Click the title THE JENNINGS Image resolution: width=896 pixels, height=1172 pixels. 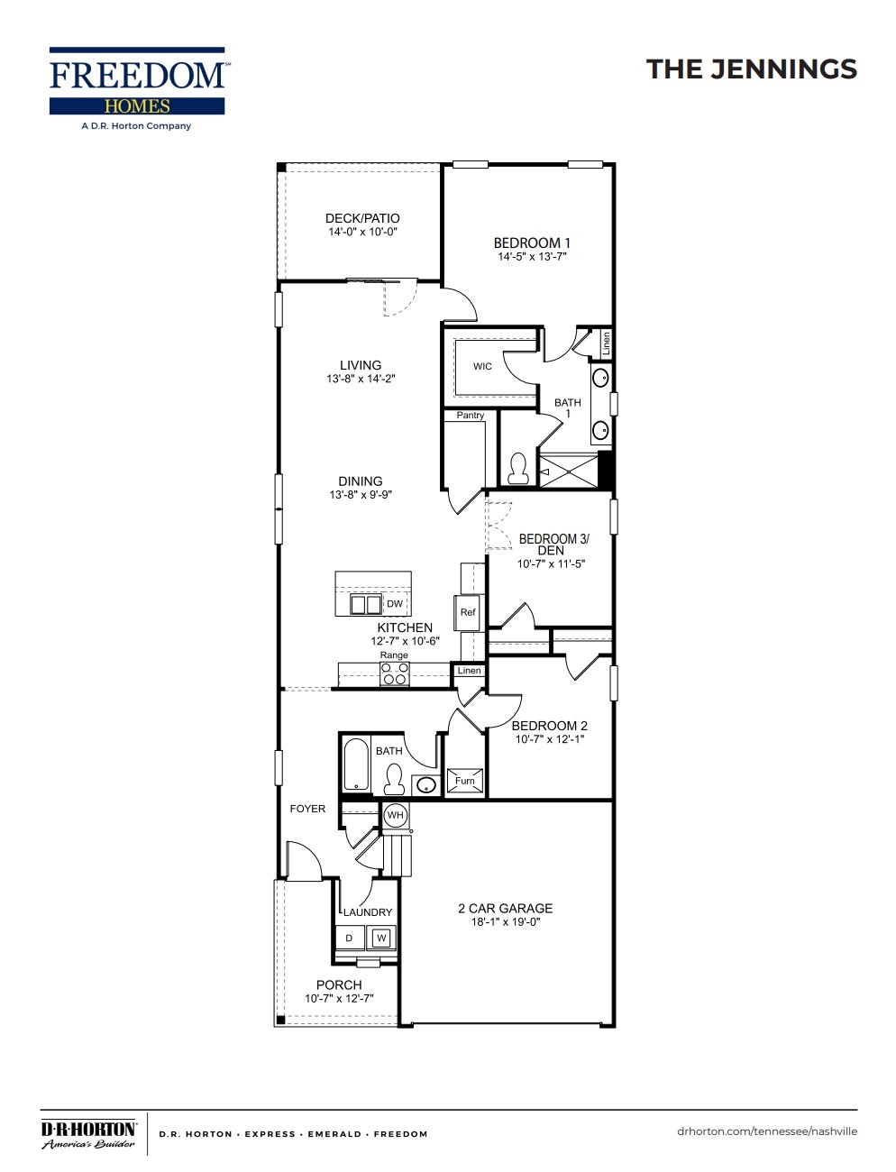click(x=751, y=69)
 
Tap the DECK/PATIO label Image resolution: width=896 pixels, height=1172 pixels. click(x=361, y=218)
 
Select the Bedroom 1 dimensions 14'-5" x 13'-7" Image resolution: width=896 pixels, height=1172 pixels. click(x=532, y=257)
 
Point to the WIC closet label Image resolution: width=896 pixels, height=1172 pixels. click(x=482, y=367)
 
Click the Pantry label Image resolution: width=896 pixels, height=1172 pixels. click(x=470, y=416)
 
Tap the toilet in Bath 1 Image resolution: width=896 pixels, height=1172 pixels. click(x=517, y=468)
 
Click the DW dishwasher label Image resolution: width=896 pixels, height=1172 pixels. click(x=395, y=604)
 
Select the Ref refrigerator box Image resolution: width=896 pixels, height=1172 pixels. click(x=468, y=612)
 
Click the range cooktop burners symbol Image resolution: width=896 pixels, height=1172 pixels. click(x=395, y=673)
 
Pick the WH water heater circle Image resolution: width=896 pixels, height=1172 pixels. click(x=395, y=816)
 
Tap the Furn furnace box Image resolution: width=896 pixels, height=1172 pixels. click(x=464, y=781)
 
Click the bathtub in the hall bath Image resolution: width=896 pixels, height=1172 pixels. click(x=356, y=765)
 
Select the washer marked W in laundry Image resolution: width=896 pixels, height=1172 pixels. click(x=380, y=939)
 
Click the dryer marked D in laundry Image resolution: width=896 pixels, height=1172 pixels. click(x=350, y=939)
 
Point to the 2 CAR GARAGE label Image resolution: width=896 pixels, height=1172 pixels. click(x=505, y=909)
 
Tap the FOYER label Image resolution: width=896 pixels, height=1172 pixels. click(x=307, y=809)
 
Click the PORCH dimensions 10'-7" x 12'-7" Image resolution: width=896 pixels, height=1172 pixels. click(x=339, y=999)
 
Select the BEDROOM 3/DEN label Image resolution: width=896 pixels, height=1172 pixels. click(x=553, y=545)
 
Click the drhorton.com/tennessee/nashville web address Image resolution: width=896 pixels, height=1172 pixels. click(x=766, y=1131)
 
